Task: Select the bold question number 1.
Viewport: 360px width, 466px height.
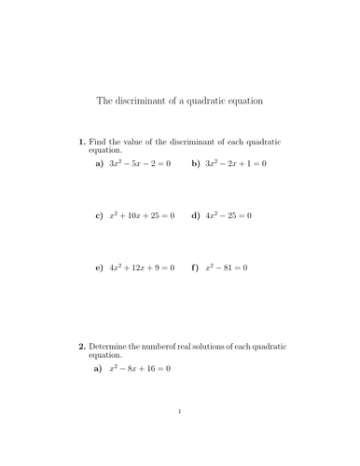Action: click(81, 142)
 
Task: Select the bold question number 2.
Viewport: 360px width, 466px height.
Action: click(81, 347)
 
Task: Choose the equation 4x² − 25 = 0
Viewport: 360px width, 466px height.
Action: click(229, 215)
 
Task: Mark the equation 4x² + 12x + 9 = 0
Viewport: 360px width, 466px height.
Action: click(142, 267)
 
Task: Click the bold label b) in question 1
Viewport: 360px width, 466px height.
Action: click(196, 164)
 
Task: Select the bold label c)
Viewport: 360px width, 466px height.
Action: click(99, 216)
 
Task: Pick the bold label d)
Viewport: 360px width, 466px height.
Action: click(196, 216)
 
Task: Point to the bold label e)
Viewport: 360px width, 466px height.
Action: click(99, 268)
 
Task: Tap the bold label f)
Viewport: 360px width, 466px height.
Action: click(195, 268)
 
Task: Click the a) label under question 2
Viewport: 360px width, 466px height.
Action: click(99, 370)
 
